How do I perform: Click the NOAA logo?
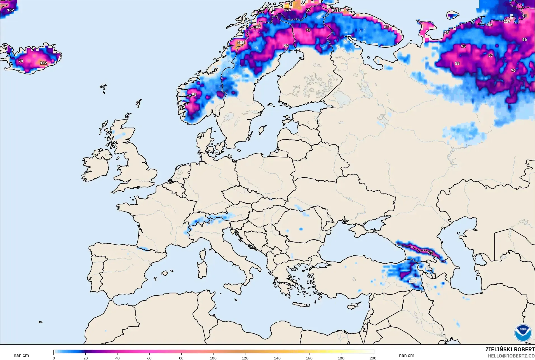tap(523, 333)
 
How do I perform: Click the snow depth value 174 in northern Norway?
tap(287, 10)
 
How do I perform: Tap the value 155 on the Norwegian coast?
tap(241, 43)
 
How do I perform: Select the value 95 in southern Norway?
tap(194, 95)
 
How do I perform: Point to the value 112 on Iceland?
tap(43, 63)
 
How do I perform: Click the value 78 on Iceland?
tap(21, 61)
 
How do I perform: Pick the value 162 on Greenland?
tap(10, 10)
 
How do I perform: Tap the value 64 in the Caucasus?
tap(430, 252)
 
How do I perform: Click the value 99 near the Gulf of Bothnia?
tap(286, 46)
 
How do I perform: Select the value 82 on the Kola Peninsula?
tap(386, 27)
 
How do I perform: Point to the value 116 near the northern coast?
tap(337, 11)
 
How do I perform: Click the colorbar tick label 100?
tap(213, 358)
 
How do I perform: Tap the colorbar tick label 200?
tap(373, 358)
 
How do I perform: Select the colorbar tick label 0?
tap(54, 358)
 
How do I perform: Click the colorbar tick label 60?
tap(149, 358)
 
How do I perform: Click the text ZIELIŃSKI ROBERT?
tap(510, 350)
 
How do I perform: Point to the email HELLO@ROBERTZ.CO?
tap(511, 356)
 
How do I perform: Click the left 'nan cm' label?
tap(21, 356)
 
